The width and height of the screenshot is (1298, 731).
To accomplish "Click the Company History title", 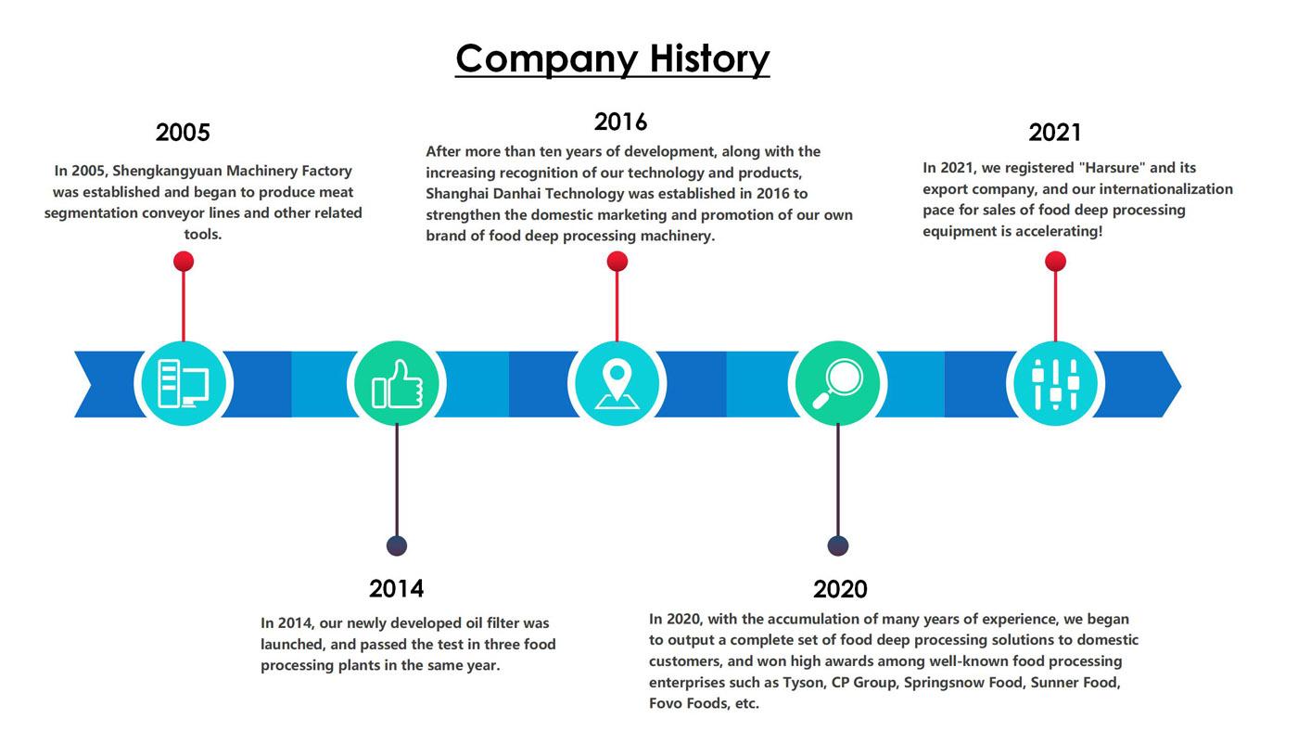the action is click(x=613, y=59).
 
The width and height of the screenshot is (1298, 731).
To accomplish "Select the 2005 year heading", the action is click(x=183, y=132).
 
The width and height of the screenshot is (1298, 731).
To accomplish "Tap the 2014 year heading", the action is click(x=397, y=588).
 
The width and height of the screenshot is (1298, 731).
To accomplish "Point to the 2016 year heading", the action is click(x=620, y=122).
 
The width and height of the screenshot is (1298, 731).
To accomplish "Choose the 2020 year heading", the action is click(x=840, y=589).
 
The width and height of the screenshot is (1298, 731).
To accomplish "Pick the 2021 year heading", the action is click(x=1055, y=132).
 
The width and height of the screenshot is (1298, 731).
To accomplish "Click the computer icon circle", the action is click(x=184, y=384).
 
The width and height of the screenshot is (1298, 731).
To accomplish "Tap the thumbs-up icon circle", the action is click(x=397, y=384).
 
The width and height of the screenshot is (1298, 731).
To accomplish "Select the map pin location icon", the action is click(x=617, y=384).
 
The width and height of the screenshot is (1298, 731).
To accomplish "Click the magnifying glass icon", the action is click(x=838, y=384).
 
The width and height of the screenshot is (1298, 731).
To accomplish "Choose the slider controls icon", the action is click(x=1056, y=384).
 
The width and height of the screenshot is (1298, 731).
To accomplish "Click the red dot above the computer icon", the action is click(x=184, y=262).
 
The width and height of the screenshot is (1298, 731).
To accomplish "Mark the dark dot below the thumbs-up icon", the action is click(x=397, y=545).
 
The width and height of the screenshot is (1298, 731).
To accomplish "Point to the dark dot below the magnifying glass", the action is click(x=838, y=545).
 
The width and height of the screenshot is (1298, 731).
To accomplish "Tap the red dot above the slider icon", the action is click(x=1056, y=262).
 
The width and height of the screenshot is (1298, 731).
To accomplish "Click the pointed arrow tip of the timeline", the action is click(x=1180, y=384).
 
